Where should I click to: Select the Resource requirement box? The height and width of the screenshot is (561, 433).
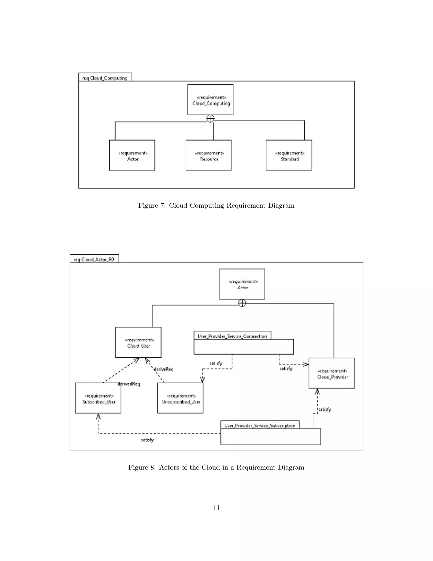click(x=208, y=155)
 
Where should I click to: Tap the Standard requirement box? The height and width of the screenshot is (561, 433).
click(x=289, y=155)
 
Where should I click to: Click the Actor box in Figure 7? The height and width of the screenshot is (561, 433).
click(x=132, y=155)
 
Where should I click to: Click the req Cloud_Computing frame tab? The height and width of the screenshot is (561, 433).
click(x=105, y=77)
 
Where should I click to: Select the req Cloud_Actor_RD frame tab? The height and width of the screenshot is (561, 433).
click(x=94, y=259)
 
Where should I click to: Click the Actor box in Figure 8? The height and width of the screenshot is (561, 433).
click(x=242, y=284)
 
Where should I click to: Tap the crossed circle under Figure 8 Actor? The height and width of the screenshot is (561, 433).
click(x=242, y=303)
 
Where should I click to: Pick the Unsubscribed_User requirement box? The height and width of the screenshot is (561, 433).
click(x=180, y=398)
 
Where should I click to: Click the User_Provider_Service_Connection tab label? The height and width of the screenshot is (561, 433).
click(x=232, y=336)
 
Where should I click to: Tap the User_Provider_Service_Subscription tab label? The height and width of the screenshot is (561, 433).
click(x=260, y=425)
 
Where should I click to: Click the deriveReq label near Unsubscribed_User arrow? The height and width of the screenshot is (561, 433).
click(x=163, y=369)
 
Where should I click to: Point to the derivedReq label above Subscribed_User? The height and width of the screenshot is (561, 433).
click(x=129, y=384)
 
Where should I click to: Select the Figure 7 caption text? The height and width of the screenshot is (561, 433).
click(x=216, y=206)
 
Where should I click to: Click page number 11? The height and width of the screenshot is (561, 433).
click(x=216, y=508)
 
